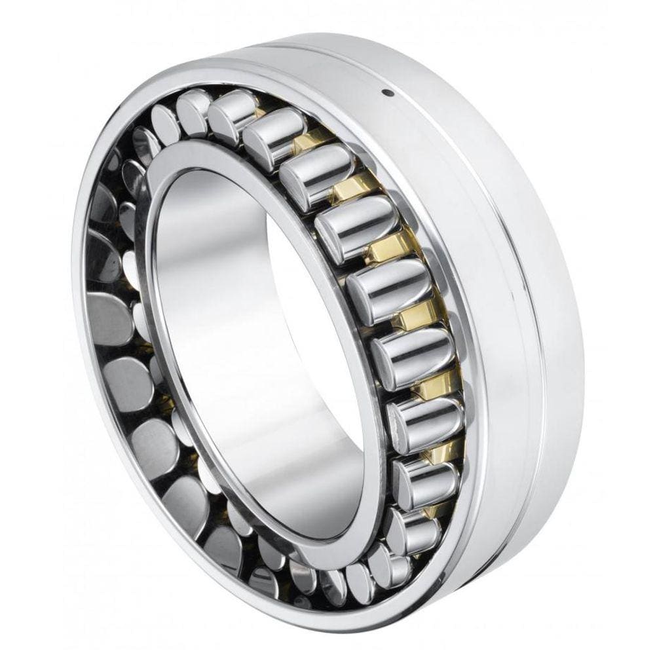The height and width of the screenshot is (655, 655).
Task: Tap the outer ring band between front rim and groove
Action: (x=472, y=262)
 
